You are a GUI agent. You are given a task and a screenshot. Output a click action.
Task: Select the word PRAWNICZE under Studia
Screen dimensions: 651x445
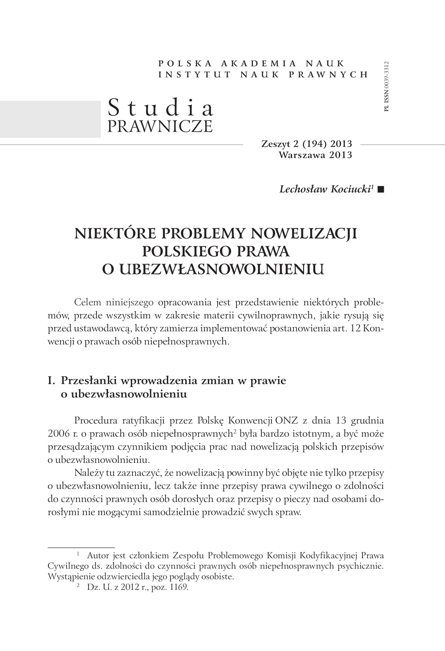pos(160,126)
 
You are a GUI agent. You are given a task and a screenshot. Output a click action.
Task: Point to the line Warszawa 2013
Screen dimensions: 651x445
pos(315,155)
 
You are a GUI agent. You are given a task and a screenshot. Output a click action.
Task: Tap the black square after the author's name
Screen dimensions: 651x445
pos(381,189)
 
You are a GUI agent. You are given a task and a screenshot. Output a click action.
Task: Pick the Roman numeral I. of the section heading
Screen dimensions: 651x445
pos(52,381)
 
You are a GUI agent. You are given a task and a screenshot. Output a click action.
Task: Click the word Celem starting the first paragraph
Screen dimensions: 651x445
pos(87,302)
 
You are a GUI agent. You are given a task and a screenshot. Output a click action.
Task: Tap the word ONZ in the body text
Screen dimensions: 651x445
pos(286,420)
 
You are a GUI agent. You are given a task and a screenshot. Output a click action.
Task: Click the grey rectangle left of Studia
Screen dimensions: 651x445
pos(50,119)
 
